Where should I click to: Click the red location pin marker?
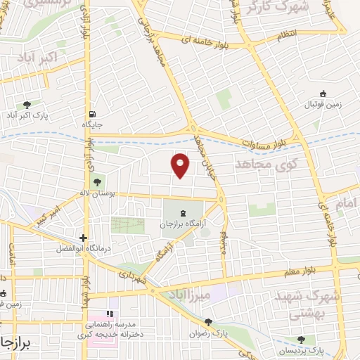[181, 165]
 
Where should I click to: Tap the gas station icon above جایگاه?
[92, 112]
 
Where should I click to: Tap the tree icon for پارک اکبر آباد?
[27, 103]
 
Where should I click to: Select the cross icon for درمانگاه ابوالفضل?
[84, 238]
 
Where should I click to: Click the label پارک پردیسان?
[323, 350]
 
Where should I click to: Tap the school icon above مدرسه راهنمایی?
[109, 314]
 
